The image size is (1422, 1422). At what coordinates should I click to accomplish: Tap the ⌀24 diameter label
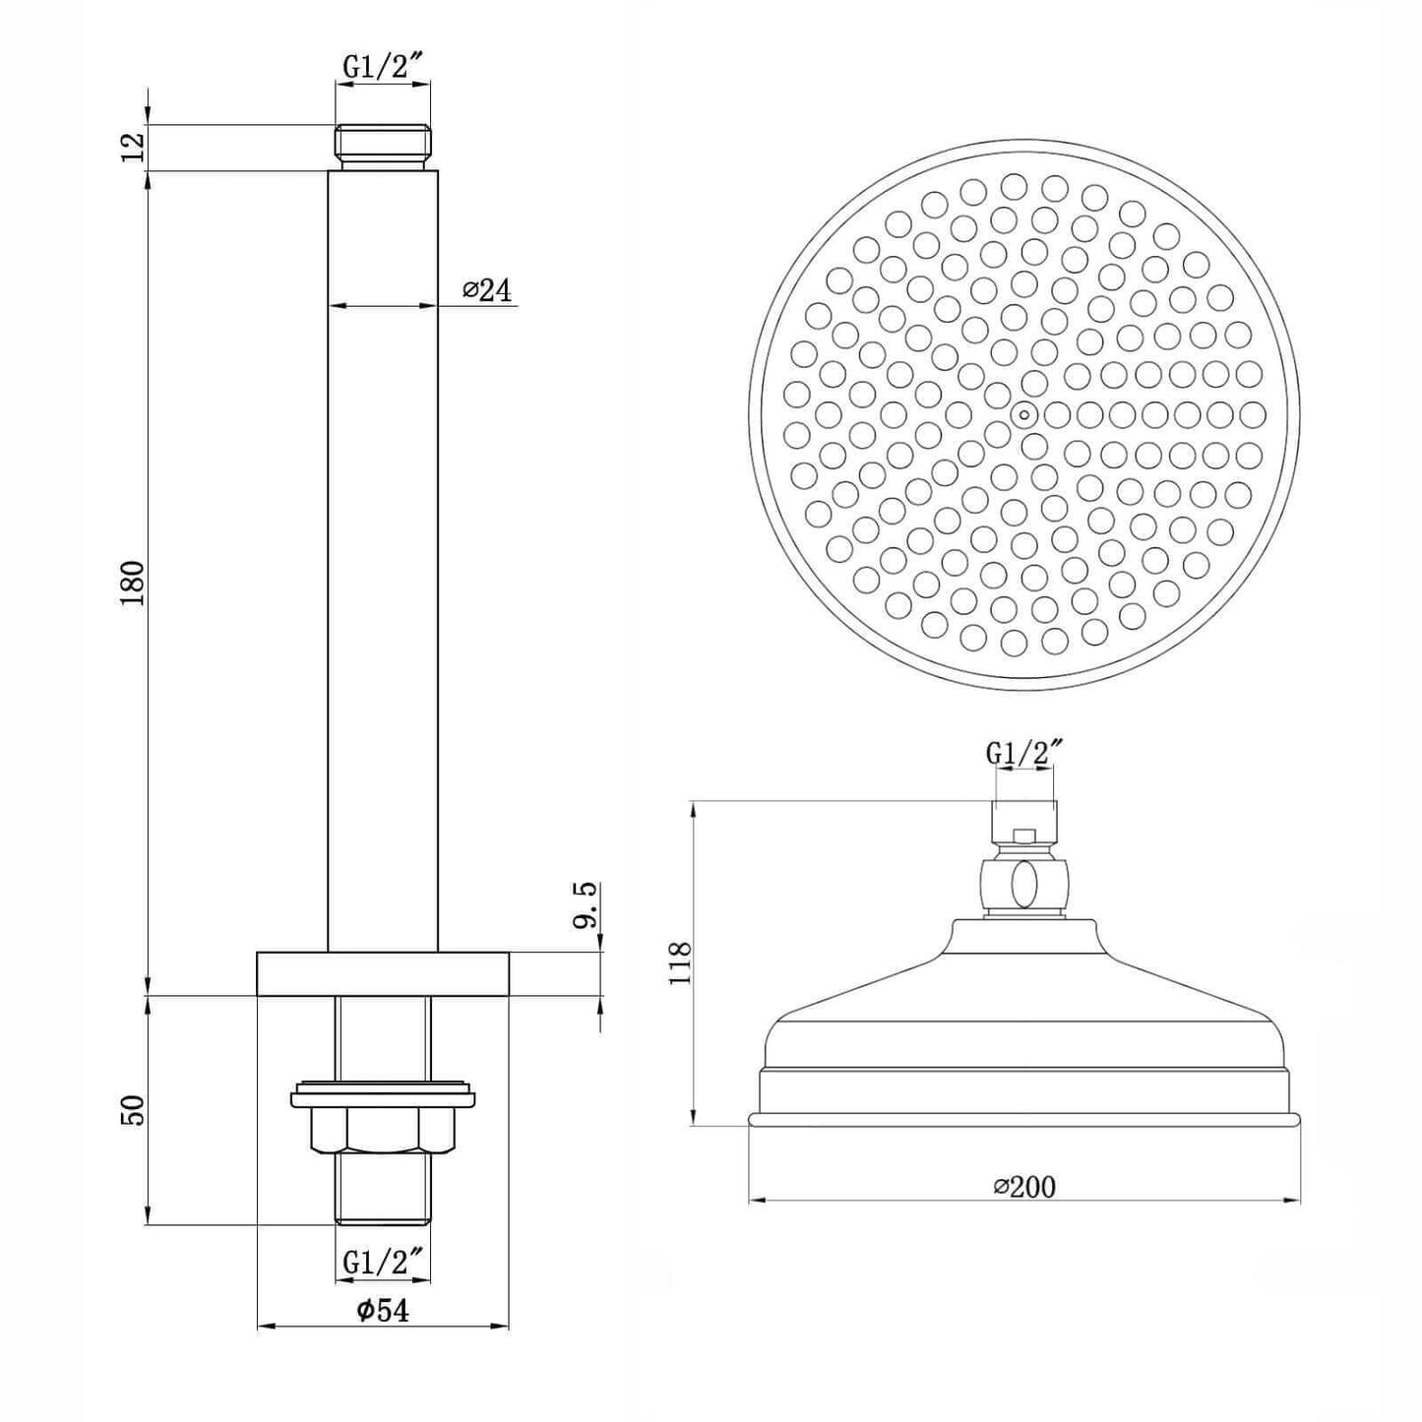[x=487, y=290]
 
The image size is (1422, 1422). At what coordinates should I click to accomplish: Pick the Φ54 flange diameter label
[x=382, y=1310]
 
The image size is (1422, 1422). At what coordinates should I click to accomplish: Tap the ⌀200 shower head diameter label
[x=1024, y=1187]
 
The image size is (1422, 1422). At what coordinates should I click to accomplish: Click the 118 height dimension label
[x=678, y=962]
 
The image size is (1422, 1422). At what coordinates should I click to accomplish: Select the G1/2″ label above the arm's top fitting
[x=383, y=68]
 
